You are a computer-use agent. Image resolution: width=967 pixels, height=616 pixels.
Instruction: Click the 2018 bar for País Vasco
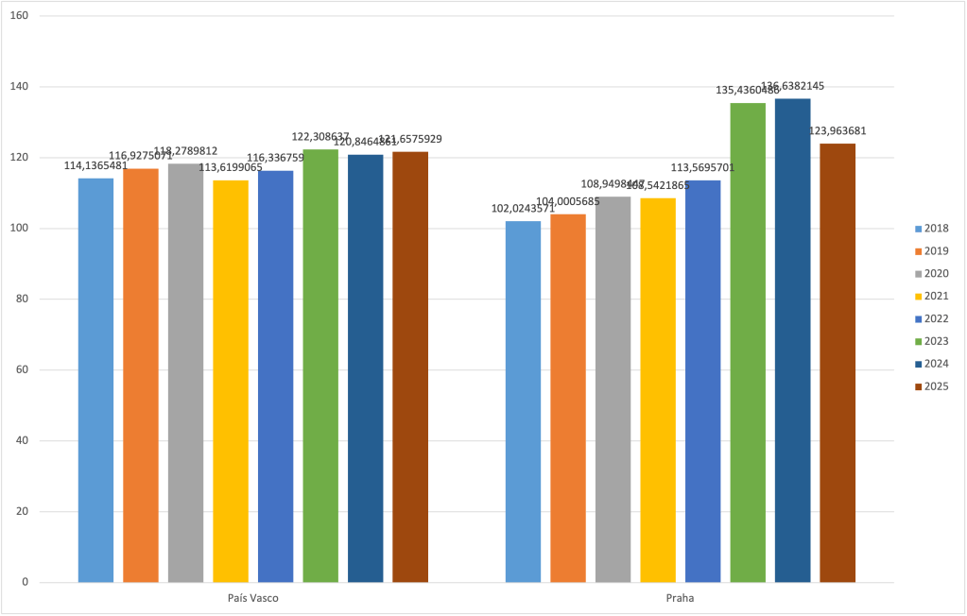tap(95, 380)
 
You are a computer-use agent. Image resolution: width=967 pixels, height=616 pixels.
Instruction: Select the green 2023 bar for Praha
tap(748, 342)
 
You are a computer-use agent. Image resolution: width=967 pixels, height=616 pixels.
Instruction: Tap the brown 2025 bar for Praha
tap(837, 363)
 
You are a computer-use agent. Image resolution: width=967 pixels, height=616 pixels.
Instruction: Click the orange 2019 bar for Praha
tap(568, 398)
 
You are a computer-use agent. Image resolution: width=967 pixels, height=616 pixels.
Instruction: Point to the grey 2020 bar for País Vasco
tap(185, 372)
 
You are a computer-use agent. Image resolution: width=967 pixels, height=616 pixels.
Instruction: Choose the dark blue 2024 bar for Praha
tap(792, 340)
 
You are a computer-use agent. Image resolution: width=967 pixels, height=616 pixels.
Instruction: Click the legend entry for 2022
tap(930, 318)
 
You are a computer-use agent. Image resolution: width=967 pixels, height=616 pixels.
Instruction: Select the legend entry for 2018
tap(930, 228)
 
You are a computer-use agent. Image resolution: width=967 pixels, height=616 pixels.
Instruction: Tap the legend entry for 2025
tap(930, 386)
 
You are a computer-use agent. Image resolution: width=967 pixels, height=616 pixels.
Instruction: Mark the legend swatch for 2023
tap(918, 341)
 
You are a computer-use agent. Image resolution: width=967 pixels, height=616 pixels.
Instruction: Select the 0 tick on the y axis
tap(26, 582)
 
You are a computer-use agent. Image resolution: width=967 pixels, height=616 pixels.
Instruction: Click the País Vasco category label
tap(252, 599)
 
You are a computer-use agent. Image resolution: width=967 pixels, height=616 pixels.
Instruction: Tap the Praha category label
tap(680, 599)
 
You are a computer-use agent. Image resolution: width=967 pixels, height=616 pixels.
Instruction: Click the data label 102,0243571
tap(523, 209)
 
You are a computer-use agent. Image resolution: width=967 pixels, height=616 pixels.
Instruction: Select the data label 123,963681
tap(837, 131)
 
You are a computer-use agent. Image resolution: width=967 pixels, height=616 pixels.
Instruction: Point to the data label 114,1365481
tap(95, 165)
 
